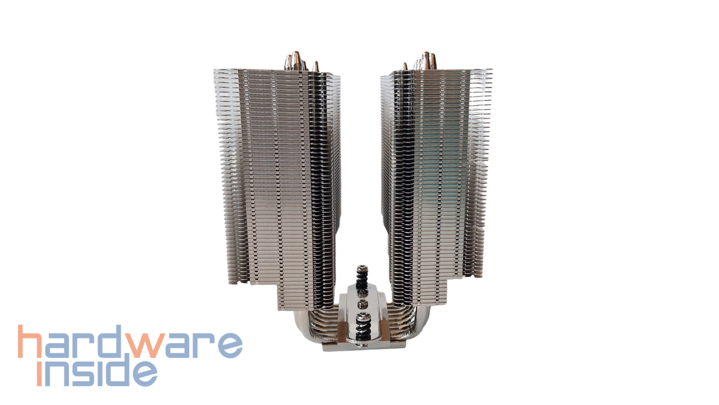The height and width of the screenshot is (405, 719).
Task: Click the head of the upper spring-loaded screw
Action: pyautogui.click(x=362, y=269)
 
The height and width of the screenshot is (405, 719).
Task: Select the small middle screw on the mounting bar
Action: pyautogui.click(x=362, y=303)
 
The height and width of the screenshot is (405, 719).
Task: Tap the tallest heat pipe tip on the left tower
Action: pyautogui.click(x=295, y=60)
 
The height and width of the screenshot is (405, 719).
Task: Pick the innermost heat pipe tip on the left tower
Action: pyautogui.click(x=316, y=67)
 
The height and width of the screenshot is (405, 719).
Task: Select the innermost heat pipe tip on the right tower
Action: pyautogui.click(x=405, y=66)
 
